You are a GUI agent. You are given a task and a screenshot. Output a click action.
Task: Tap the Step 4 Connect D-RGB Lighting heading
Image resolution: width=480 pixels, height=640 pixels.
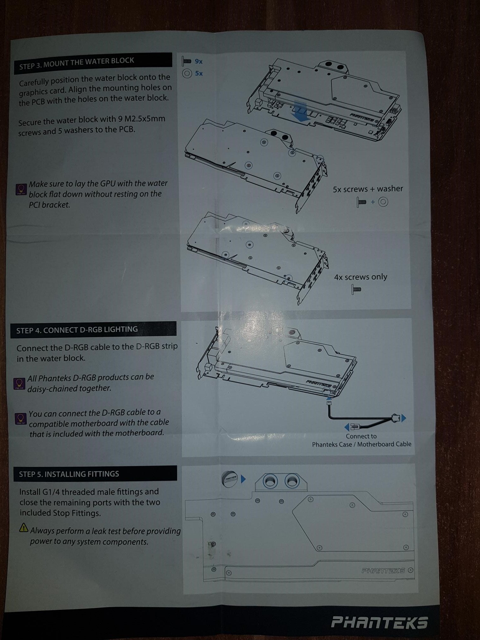77,330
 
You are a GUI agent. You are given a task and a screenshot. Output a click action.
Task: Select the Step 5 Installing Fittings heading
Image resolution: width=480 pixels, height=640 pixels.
69,474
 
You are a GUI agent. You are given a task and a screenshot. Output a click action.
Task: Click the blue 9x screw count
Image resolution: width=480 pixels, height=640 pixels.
198,61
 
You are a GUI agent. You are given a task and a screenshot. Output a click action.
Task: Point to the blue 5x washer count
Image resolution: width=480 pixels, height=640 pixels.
199,73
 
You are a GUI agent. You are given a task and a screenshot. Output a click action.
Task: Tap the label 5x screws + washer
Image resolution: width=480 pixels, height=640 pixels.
368,189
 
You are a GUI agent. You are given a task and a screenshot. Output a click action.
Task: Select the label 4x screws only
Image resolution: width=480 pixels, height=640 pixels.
360,277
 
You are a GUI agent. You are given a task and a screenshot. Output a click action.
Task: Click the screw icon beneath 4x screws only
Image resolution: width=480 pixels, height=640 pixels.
357,289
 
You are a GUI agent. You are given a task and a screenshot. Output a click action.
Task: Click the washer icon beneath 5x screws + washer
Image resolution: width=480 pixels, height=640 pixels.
383,202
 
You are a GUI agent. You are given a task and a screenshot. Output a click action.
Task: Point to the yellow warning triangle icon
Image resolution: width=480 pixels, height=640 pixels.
23,528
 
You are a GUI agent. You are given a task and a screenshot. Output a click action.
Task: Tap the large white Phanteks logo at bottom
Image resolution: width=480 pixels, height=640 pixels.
379,622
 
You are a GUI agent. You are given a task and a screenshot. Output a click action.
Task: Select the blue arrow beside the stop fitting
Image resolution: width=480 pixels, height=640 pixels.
243,479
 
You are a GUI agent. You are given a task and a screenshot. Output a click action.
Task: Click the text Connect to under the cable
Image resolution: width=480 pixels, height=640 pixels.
361,436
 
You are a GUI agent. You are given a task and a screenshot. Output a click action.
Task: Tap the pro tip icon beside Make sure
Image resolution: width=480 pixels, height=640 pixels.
21,189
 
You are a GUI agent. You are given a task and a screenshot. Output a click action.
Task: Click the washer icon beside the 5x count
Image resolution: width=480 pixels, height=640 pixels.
187,74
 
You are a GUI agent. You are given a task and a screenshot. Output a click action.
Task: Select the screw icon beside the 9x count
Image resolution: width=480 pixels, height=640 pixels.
186,61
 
